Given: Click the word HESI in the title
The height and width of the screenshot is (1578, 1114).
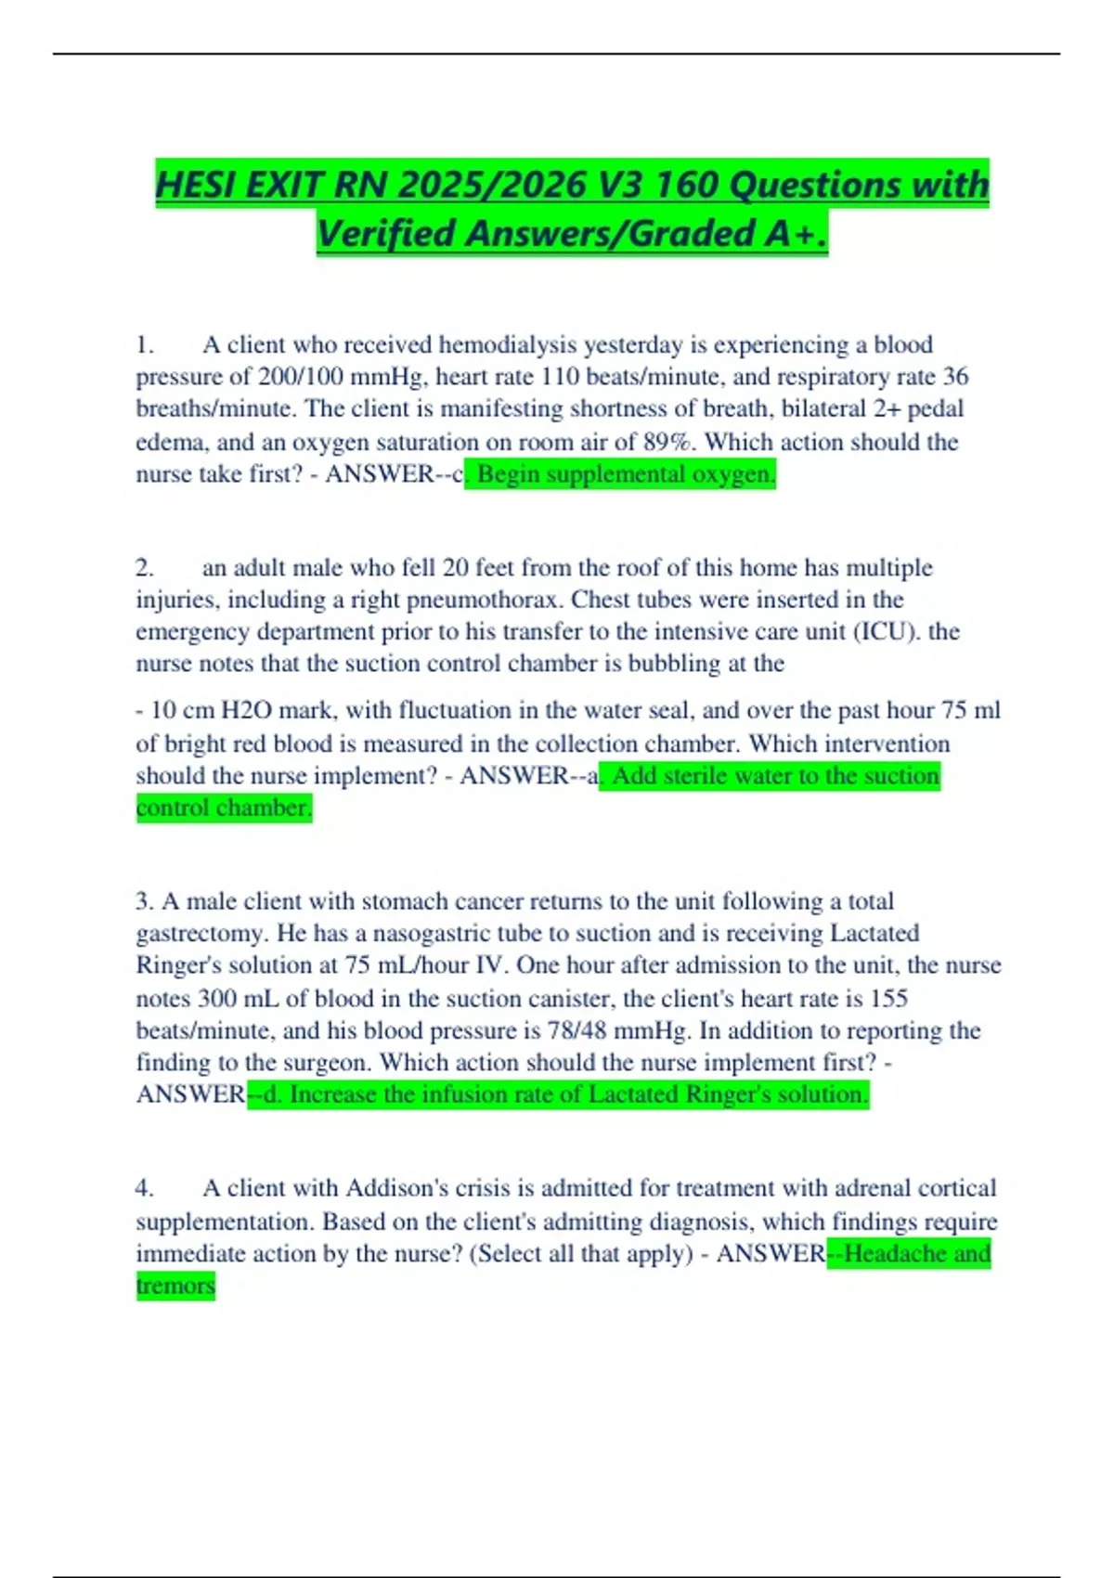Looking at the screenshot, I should click(x=196, y=184).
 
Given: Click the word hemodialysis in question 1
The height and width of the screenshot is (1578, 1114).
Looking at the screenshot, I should click(x=508, y=345).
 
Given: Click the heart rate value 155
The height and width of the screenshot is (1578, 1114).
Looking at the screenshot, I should click(x=888, y=999).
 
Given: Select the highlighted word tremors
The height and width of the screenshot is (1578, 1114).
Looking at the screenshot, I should click(x=175, y=1287).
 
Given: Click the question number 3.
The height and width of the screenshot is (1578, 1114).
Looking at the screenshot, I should click(x=144, y=901).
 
